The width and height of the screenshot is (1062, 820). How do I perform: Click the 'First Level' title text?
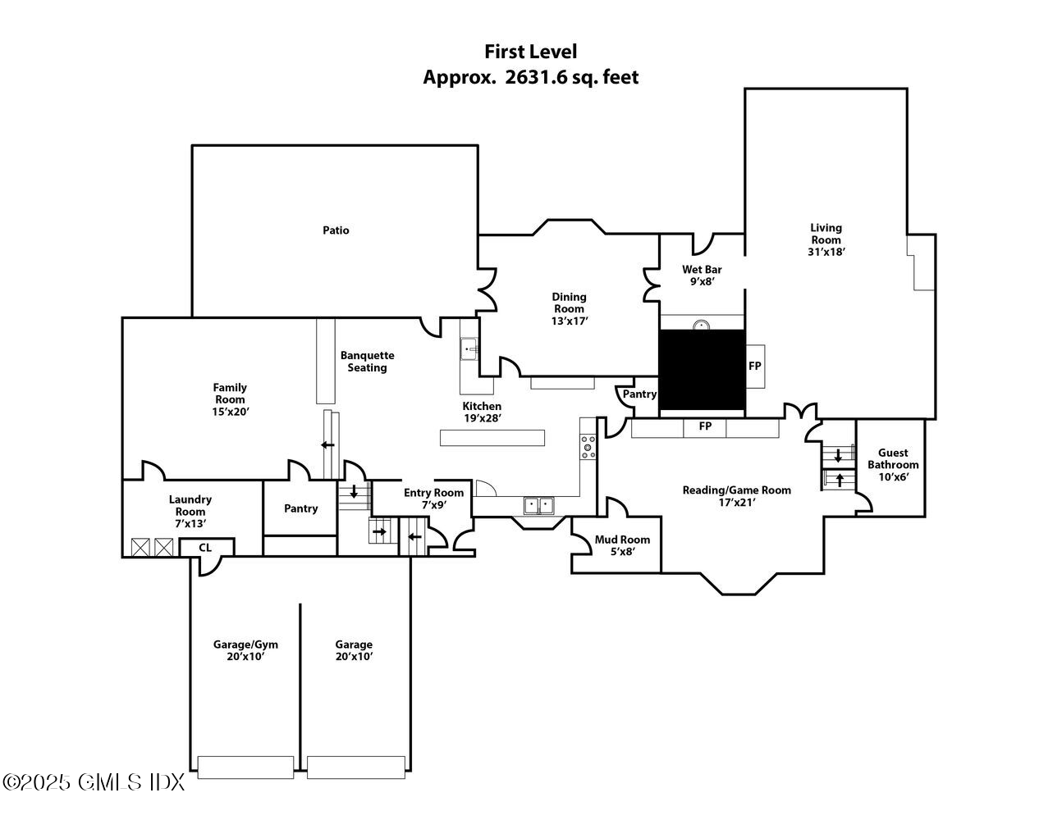click(530, 52)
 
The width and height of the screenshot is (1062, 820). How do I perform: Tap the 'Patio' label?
click(335, 230)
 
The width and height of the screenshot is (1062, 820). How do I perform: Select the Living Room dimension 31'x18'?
click(826, 253)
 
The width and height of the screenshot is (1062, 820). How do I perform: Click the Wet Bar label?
click(702, 270)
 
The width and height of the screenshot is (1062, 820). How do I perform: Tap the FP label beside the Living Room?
click(754, 366)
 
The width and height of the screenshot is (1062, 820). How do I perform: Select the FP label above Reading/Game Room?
click(704, 426)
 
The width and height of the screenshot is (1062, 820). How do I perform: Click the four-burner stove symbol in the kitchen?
click(588, 446)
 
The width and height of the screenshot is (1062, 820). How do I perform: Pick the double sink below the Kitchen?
click(539, 505)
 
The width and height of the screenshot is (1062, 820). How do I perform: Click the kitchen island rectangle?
click(492, 438)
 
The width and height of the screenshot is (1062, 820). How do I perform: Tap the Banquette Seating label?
click(367, 362)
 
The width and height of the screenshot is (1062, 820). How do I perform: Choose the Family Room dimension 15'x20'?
click(230, 412)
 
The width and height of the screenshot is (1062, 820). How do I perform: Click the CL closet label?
click(205, 547)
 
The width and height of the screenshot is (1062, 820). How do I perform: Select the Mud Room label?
click(622, 540)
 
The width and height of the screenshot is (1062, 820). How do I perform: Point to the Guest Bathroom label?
click(893, 458)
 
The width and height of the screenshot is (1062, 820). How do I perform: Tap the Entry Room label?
click(433, 493)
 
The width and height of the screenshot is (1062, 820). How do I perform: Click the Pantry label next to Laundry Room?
click(300, 508)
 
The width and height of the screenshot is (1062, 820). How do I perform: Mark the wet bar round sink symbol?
click(702, 325)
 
